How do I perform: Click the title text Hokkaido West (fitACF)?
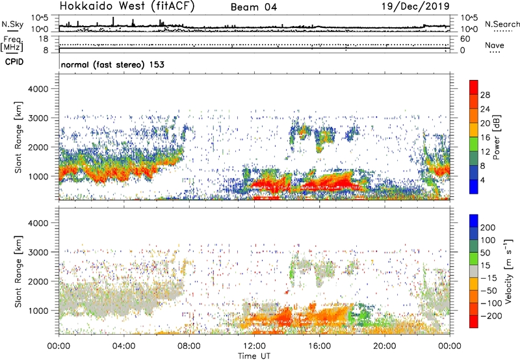(126, 6)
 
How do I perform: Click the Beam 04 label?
(254, 7)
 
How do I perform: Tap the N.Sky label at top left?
(12, 24)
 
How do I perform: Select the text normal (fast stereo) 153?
(112, 65)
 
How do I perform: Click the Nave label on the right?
(495, 45)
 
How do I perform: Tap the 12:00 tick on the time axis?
(254, 345)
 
